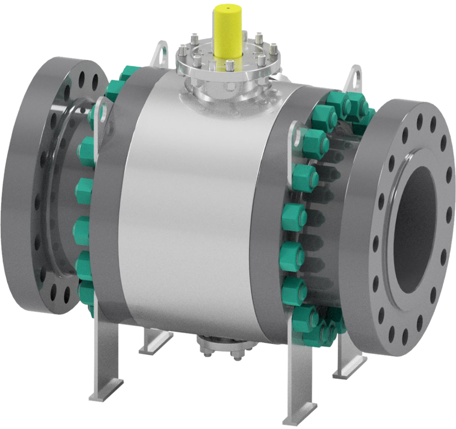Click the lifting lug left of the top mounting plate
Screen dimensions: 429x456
click(x=161, y=53)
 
